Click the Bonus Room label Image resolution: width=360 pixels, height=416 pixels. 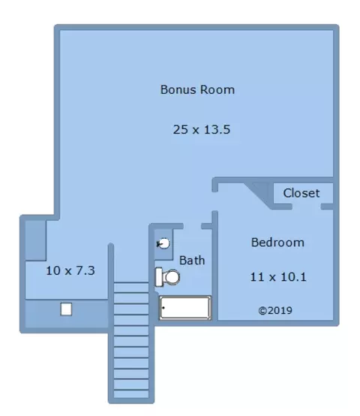click(197, 89)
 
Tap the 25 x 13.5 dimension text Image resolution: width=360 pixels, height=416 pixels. click(202, 130)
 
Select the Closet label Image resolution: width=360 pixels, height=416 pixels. click(301, 193)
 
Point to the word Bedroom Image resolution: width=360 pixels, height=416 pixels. click(277, 243)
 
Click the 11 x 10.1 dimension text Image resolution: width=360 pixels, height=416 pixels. click(278, 277)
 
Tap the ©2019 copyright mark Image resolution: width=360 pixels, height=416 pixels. click(275, 310)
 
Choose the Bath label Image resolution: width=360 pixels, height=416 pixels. click(192, 261)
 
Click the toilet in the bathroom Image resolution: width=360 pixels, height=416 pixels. click(167, 277)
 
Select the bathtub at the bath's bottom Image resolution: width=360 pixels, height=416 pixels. click(185, 308)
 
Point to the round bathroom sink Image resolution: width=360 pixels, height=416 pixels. click(163, 243)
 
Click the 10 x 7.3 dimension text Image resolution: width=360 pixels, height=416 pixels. click(70, 270)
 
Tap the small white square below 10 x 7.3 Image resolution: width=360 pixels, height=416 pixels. click(66, 309)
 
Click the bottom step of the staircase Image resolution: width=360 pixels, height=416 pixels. click(131, 393)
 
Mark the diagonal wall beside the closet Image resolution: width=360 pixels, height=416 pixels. click(259, 195)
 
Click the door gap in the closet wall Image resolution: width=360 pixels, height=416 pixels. click(307, 206)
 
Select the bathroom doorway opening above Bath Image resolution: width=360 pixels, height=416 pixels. click(192, 226)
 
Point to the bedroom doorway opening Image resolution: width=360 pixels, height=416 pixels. click(214, 201)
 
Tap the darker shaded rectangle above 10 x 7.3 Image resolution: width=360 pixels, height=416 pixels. click(35, 240)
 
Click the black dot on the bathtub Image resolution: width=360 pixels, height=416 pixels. click(163, 308)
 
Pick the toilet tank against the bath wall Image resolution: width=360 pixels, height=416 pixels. click(159, 277)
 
